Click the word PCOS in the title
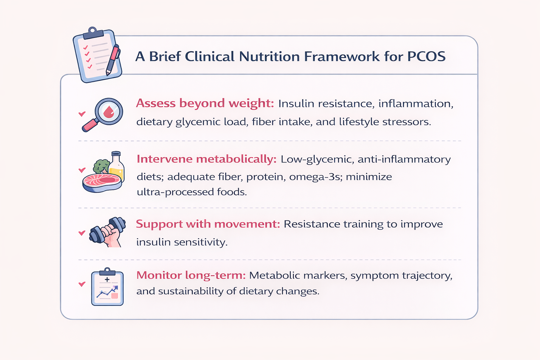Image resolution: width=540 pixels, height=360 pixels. coord(426,56)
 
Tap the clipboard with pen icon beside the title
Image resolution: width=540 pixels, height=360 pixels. coord(97,55)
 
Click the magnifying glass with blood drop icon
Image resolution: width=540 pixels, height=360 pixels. coord(102,115)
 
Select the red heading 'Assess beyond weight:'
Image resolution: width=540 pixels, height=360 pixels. coord(205,103)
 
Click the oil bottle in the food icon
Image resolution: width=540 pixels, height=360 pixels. coord(116,166)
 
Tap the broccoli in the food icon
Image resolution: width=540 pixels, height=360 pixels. coord(101,166)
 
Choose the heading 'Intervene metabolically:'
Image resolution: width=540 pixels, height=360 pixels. coord(207,159)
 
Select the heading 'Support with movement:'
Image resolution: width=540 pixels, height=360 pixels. coord(208,224)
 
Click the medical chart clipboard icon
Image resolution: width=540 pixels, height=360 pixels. coord(107,287)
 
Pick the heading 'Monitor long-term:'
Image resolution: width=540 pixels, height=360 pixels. coord(191,275)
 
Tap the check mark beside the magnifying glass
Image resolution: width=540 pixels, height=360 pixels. coord(82,114)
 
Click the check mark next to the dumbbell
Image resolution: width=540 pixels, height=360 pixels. coord(82,233)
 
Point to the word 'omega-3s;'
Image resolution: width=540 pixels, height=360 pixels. coord(316,177)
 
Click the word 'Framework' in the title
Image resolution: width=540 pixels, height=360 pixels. coord(342,56)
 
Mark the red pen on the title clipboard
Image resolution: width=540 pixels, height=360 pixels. coord(113,60)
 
